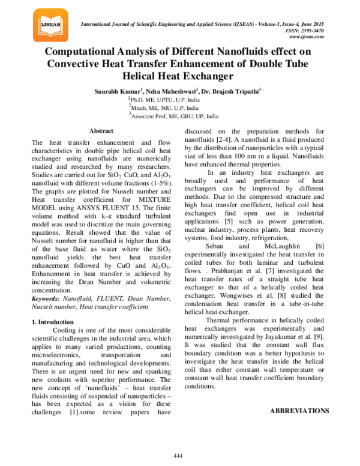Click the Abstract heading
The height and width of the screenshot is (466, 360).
(x=101, y=130)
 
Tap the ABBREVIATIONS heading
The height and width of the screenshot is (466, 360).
(x=299, y=394)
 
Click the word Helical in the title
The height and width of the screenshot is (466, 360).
(x=140, y=76)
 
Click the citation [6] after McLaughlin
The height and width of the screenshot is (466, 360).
(x=320, y=246)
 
